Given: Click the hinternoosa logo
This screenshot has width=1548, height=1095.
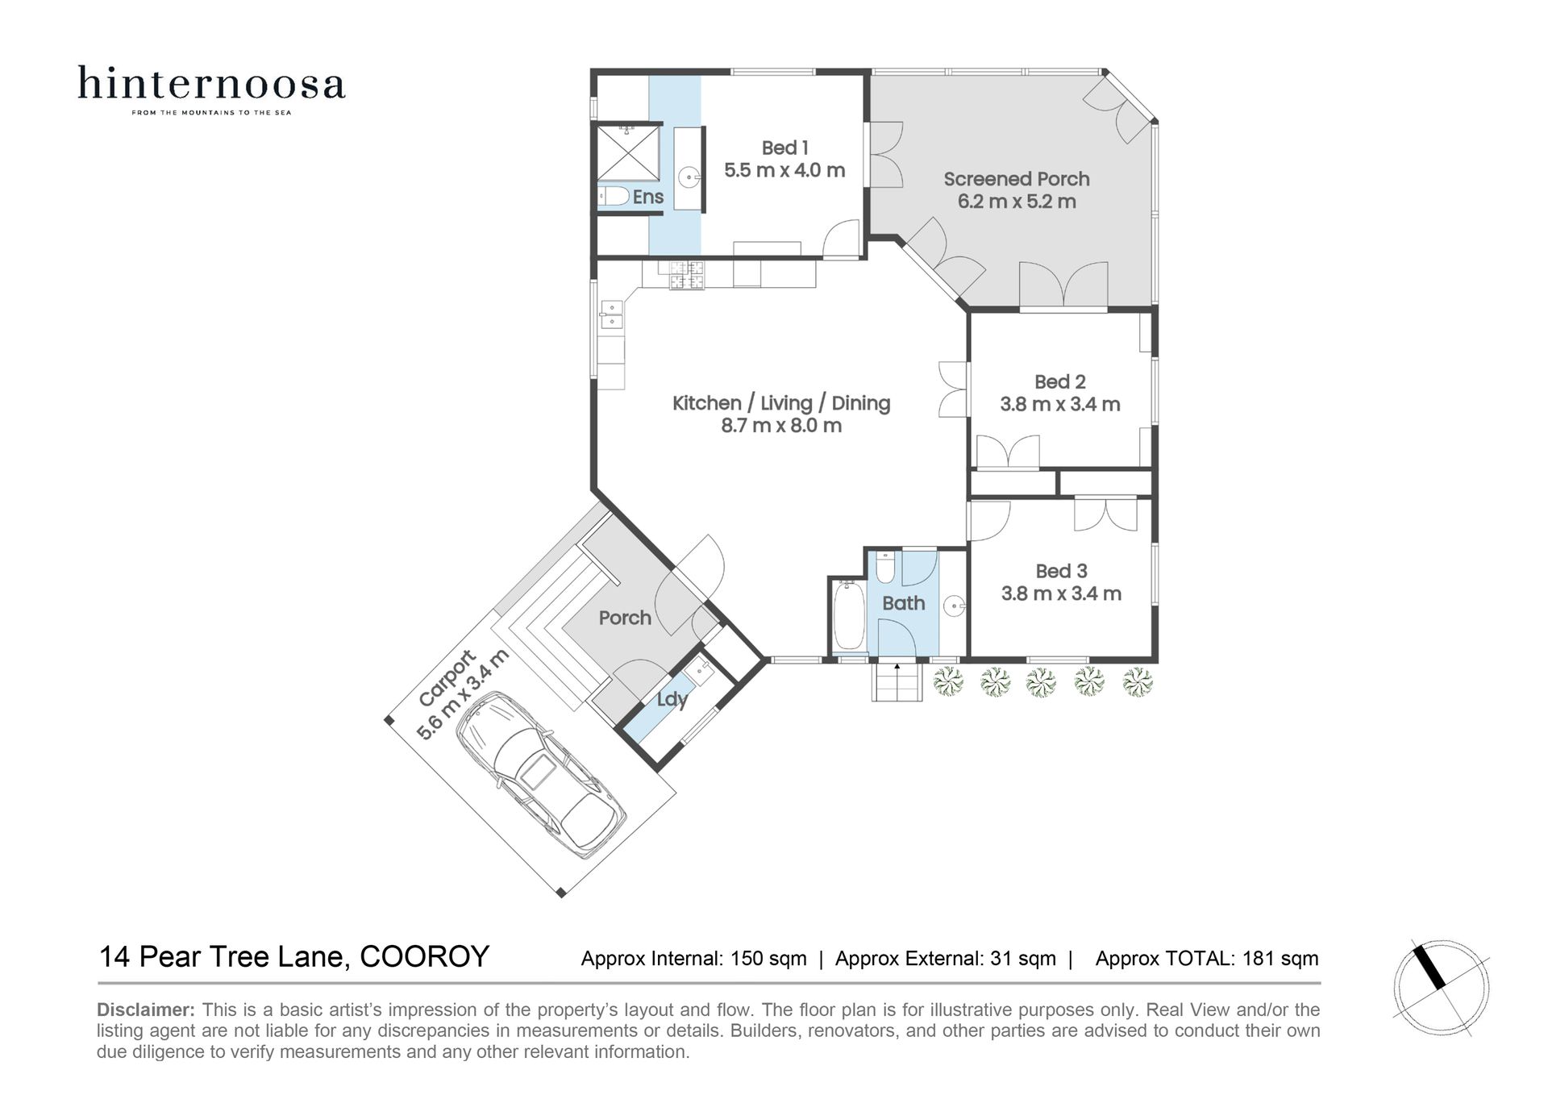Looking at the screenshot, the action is point(211,90).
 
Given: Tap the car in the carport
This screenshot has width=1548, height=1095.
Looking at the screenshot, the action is point(540,774).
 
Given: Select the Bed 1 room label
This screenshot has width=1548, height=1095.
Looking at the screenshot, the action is point(784,148).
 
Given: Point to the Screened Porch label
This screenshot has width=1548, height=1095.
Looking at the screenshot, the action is point(1017,179).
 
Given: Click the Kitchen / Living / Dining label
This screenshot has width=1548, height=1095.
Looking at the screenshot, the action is point(781,403).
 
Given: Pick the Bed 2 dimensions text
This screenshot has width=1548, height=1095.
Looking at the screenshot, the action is point(1060,405).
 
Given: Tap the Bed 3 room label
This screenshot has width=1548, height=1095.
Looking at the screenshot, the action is point(1061,571).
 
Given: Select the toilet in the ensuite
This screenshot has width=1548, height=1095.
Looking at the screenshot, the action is point(614,196).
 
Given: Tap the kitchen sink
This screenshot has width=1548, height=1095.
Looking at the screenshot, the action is point(611,314).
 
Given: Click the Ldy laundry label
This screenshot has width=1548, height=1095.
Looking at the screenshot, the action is point(672,699).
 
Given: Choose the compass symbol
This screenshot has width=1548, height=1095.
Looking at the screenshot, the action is point(1442,988).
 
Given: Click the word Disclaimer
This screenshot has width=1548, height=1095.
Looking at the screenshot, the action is point(146,1010).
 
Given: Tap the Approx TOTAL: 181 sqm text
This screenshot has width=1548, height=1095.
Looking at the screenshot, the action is point(1207,959).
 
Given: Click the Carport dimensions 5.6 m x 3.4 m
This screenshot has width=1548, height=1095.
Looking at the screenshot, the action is point(463,695).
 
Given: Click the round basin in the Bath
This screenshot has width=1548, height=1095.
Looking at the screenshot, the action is point(955,605).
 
